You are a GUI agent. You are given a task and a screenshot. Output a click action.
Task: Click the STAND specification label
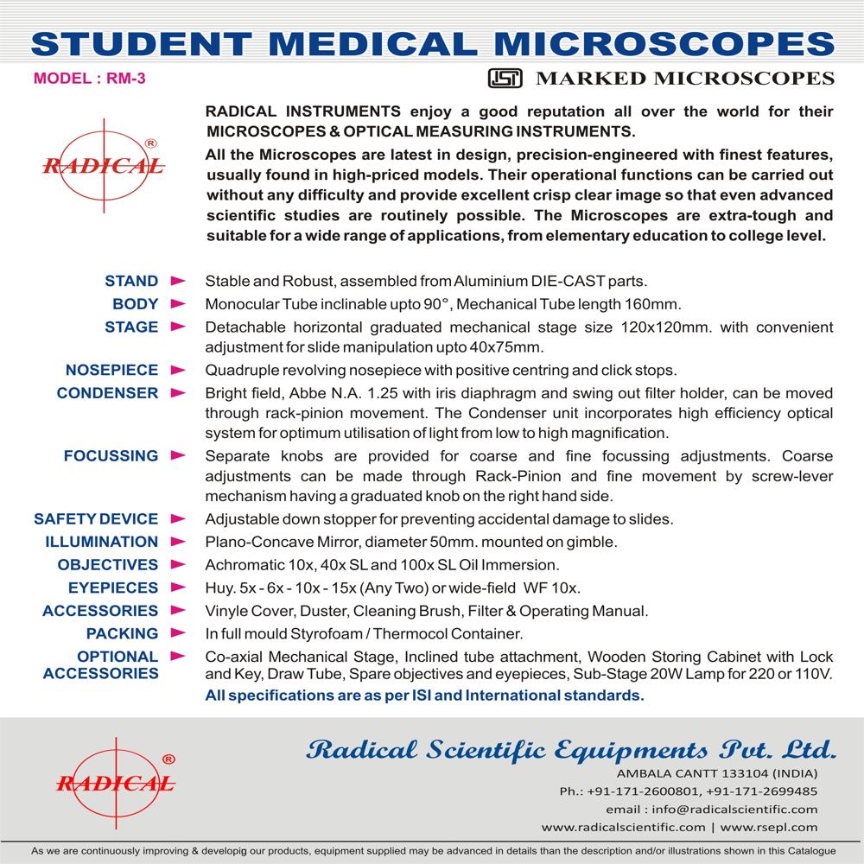[131, 281]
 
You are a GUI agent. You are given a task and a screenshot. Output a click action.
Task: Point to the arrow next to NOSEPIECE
[178, 370]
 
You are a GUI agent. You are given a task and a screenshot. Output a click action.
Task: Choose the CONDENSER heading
[107, 392]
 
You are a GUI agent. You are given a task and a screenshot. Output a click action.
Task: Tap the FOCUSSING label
[111, 455]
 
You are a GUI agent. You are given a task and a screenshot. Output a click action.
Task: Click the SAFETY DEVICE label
[96, 519]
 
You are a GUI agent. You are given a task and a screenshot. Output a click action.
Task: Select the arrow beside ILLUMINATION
[178, 542]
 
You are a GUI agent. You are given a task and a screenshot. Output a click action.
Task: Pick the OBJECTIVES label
[108, 564]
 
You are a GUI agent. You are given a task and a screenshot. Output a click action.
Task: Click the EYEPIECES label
[113, 588]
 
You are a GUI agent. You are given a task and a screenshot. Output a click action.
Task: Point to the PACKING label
[122, 633]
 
